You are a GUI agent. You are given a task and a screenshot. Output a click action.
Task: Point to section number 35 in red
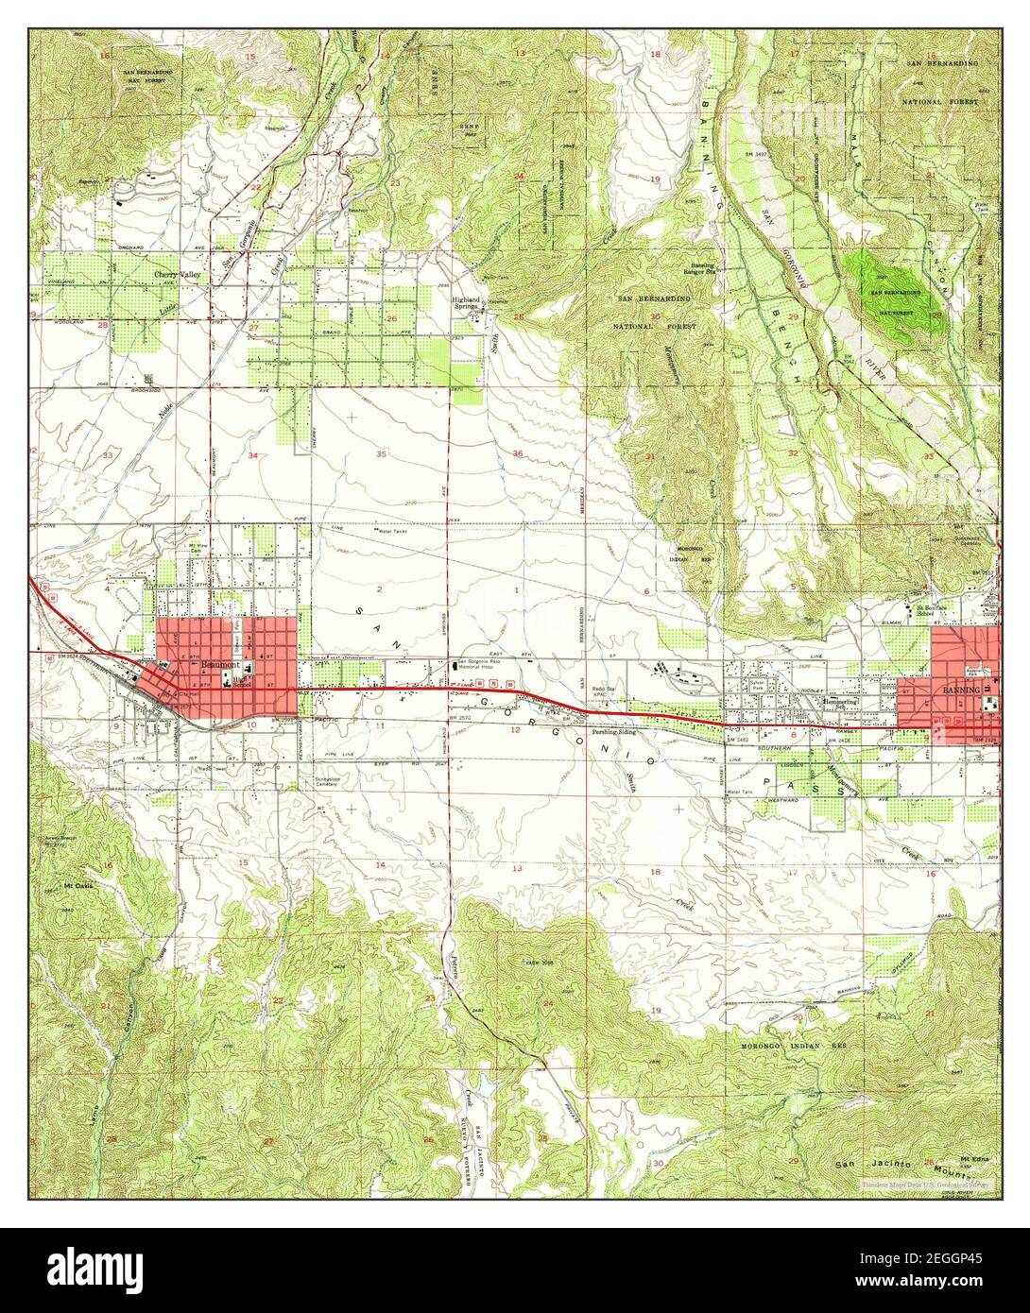pos(381,455)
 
